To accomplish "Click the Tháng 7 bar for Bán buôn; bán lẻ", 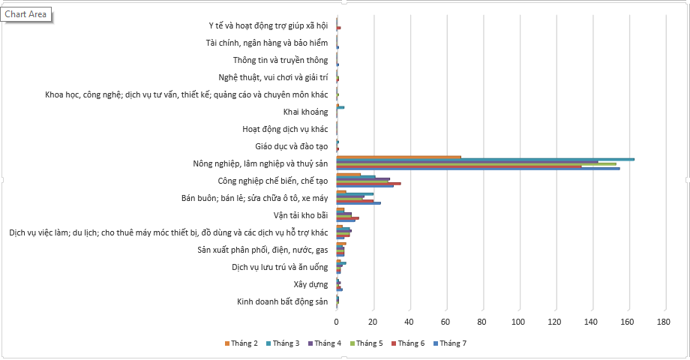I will (358, 203).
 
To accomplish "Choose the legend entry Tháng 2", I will (241, 343).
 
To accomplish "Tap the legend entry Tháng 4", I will (325, 343).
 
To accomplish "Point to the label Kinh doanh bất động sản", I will (282, 301).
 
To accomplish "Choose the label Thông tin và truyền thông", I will (280, 60).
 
